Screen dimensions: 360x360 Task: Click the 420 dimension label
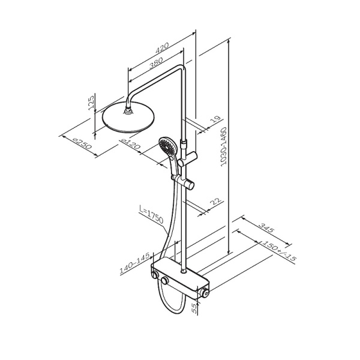(162, 48)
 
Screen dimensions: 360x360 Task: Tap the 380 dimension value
(156, 63)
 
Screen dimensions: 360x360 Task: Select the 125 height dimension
(91, 103)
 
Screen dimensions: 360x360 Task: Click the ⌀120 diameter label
(130, 143)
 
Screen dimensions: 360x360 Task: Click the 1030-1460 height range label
(223, 146)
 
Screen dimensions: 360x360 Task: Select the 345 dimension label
(266, 228)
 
